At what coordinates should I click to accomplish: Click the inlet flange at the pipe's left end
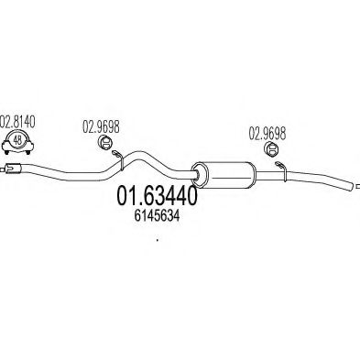click(11, 167)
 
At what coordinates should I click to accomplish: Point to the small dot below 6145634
click(158, 242)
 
